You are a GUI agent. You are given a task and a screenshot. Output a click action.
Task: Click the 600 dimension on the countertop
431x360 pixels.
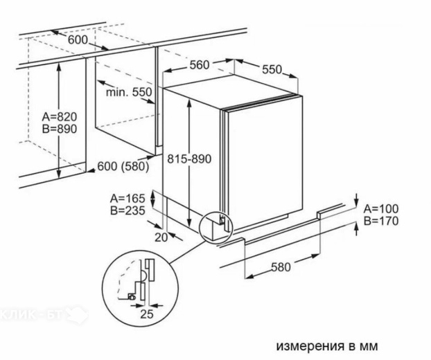[78, 40]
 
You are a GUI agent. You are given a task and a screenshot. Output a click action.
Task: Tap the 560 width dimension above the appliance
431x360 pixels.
[200, 65]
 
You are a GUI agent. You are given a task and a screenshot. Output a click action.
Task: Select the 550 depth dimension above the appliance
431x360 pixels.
[272, 69]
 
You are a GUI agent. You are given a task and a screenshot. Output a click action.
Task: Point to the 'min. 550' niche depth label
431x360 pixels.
[129, 92]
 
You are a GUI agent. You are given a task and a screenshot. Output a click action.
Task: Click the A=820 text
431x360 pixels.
[60, 117]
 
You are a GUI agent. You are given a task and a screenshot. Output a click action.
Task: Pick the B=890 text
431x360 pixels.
[60, 129]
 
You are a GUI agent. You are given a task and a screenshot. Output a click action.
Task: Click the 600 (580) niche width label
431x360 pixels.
[123, 166]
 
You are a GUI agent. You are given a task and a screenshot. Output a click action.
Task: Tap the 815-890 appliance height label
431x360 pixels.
[189, 159]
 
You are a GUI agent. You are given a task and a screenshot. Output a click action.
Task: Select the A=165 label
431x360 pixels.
[127, 198]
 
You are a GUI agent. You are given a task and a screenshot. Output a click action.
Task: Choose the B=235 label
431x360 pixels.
[127, 210]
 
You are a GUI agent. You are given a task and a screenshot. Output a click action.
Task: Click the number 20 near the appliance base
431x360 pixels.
[161, 237]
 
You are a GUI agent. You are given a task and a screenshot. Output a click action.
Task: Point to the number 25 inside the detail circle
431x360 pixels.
[146, 314]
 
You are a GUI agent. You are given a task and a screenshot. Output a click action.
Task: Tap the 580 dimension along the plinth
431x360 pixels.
[281, 267]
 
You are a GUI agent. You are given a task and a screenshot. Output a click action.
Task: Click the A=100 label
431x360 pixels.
[381, 209]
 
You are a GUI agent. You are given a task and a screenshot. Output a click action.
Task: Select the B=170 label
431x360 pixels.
[381, 221]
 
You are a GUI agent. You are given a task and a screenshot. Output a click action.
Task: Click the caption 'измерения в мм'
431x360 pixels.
[327, 346]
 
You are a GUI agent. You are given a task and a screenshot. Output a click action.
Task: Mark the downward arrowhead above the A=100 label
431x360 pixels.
[356, 203]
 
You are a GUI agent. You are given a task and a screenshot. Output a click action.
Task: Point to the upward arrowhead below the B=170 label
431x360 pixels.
[356, 227]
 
